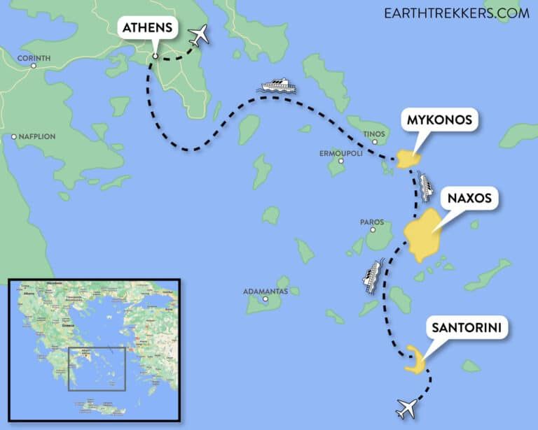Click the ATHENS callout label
(147, 29)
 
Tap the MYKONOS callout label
(440, 121)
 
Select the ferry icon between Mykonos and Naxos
(425, 187)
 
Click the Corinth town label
(34, 58)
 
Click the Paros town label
(372, 222)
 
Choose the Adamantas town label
(265, 291)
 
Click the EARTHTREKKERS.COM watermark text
(457, 13)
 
